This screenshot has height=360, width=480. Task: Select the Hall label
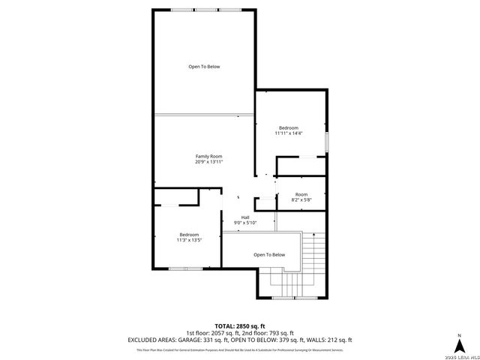pos(245,217)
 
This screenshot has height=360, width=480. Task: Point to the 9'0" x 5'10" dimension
pos(245,223)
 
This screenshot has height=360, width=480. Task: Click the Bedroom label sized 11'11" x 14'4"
pos(288,127)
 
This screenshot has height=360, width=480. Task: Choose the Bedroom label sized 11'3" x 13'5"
pos(189,235)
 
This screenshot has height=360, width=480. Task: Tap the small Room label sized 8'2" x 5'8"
pos(301,194)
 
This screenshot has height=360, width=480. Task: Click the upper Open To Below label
pos(204,67)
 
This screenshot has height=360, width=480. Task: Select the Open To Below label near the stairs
pos(269,255)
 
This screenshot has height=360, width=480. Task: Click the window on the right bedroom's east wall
pos(326,142)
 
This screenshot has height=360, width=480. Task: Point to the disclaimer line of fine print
pos(240,349)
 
